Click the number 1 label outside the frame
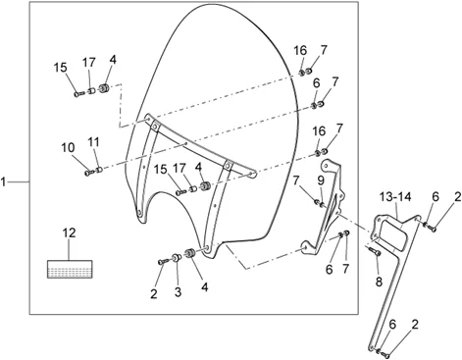pyautogui.click(x=3, y=181)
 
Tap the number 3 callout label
pyautogui.click(x=178, y=292)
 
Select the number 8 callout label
pyautogui.click(x=379, y=282)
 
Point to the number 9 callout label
pyautogui.click(x=321, y=180)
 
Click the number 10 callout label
pyautogui.click(x=68, y=148)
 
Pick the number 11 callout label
pyautogui.click(x=93, y=142)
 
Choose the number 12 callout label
pyautogui.click(x=70, y=233)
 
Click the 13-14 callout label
pyautogui.click(x=395, y=197)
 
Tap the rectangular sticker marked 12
pyautogui.click(x=70, y=269)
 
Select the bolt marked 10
pyautogui.click(x=89, y=172)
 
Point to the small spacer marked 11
pyautogui.click(x=99, y=169)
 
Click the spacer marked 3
pyautogui.click(x=177, y=257)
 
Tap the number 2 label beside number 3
pyautogui.click(x=154, y=294)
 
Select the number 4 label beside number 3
pyautogui.click(x=205, y=287)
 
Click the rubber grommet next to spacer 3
pyautogui.click(x=189, y=253)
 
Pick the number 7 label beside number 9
pyautogui.click(x=296, y=180)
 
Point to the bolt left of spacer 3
pyautogui.click(x=163, y=262)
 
